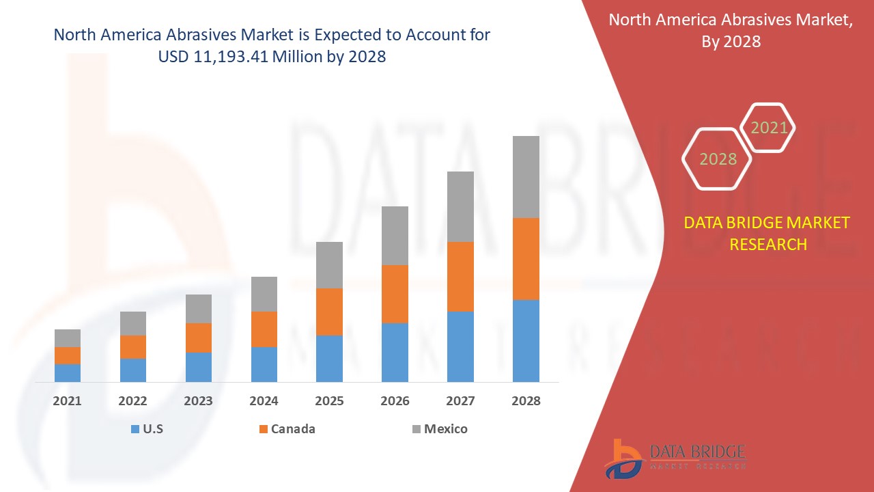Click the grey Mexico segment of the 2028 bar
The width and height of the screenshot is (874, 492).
click(x=526, y=177)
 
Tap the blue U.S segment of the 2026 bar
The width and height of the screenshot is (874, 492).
click(x=395, y=352)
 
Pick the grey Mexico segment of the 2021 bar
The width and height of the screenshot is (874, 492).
click(x=68, y=338)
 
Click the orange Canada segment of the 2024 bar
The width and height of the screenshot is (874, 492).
click(x=264, y=329)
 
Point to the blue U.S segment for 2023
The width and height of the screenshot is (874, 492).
click(x=199, y=367)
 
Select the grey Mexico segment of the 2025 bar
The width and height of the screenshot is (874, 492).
click(x=329, y=265)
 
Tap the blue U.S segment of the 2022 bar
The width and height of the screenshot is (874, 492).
click(x=133, y=370)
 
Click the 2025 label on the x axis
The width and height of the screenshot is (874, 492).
click(x=329, y=401)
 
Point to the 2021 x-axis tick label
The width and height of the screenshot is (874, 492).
click(x=68, y=401)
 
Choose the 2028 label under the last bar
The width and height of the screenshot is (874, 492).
click(x=526, y=401)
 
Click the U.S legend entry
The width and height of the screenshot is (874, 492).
click(x=147, y=429)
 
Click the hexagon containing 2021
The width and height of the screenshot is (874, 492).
click(x=768, y=128)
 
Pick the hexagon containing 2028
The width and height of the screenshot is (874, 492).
click(x=718, y=159)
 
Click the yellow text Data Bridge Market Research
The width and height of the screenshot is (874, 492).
click(x=767, y=233)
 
